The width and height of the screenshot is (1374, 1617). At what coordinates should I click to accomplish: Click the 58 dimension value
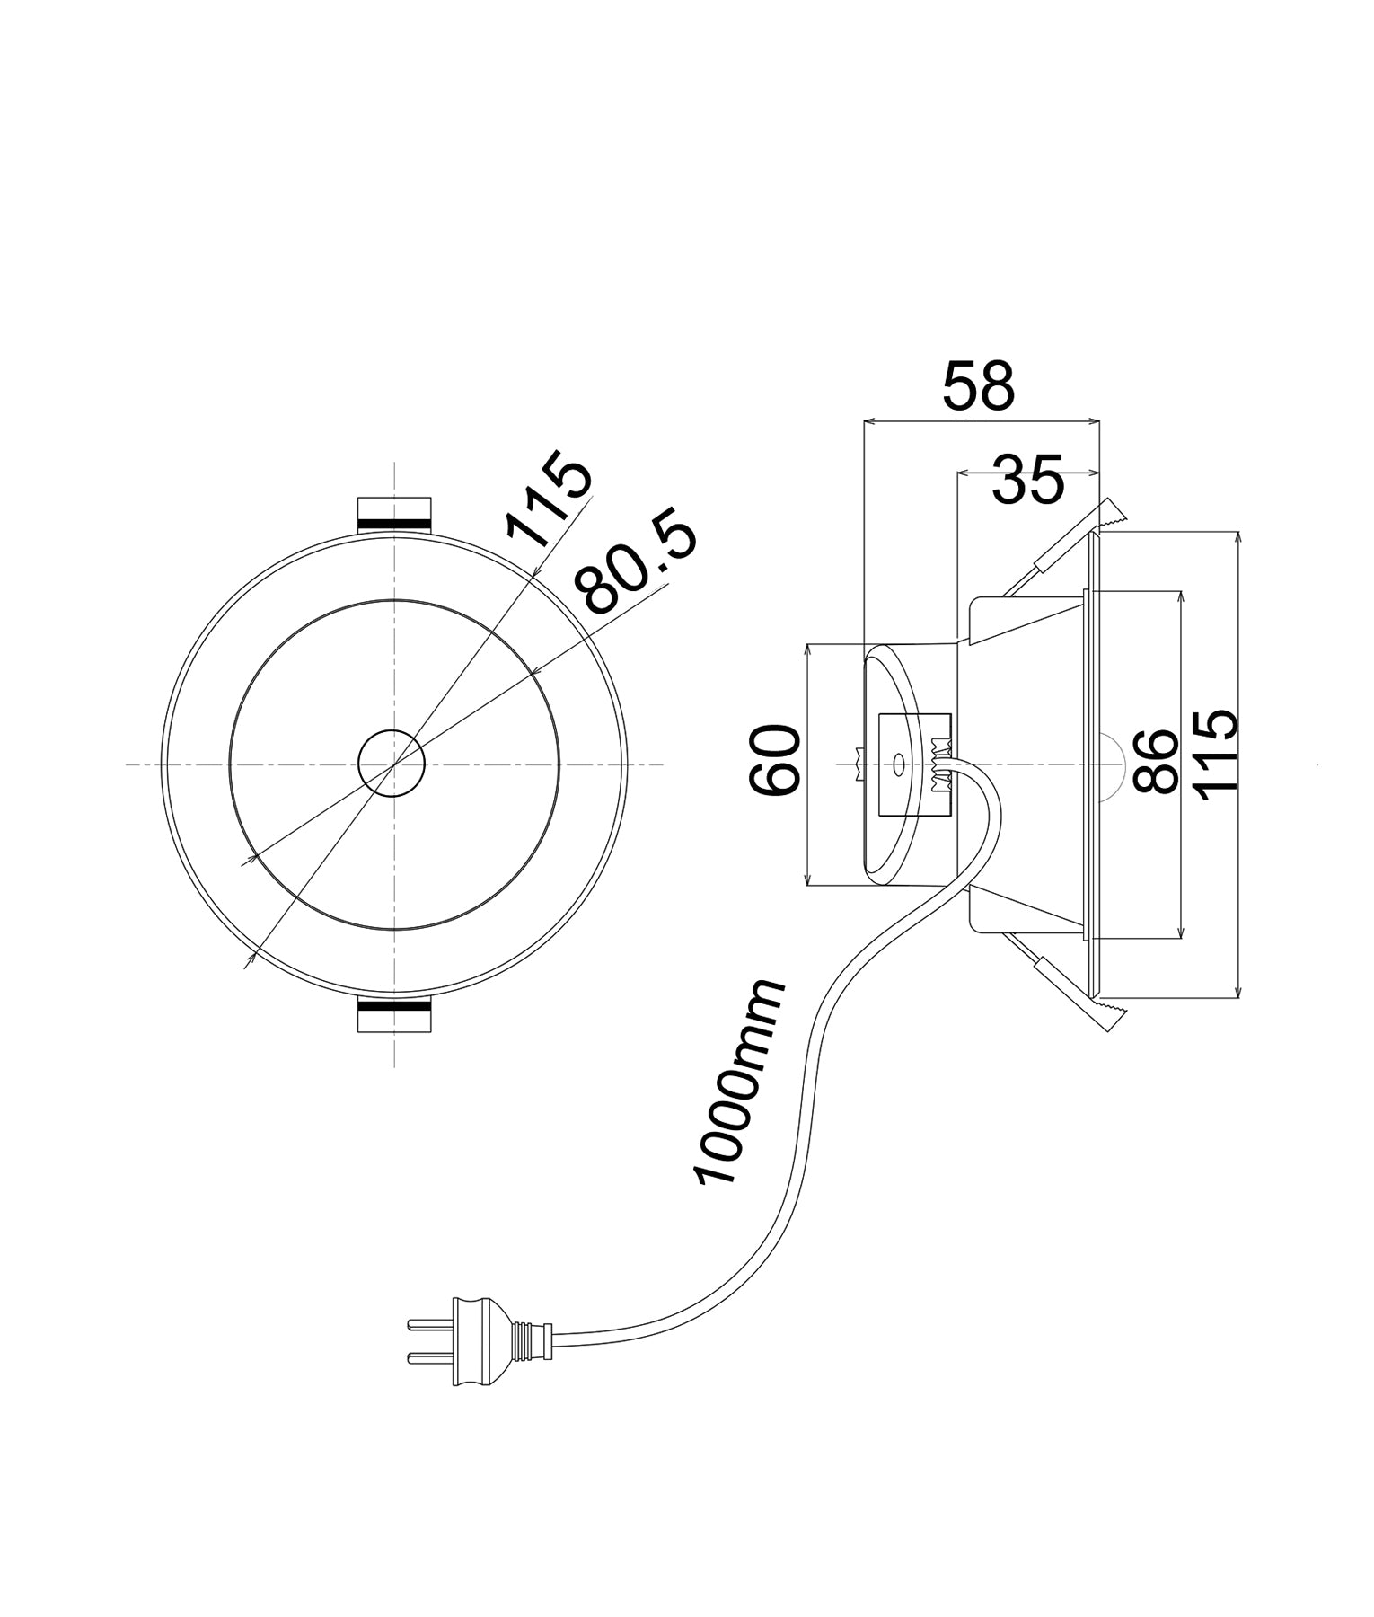pos(979,386)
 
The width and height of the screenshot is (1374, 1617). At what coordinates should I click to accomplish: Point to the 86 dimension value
pos(1155,762)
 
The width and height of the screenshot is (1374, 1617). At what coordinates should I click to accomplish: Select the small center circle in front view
pos(391,764)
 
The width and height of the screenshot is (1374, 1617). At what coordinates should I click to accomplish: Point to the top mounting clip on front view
pos(394,515)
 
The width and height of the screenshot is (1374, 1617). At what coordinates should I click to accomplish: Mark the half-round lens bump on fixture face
pos(1112,763)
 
